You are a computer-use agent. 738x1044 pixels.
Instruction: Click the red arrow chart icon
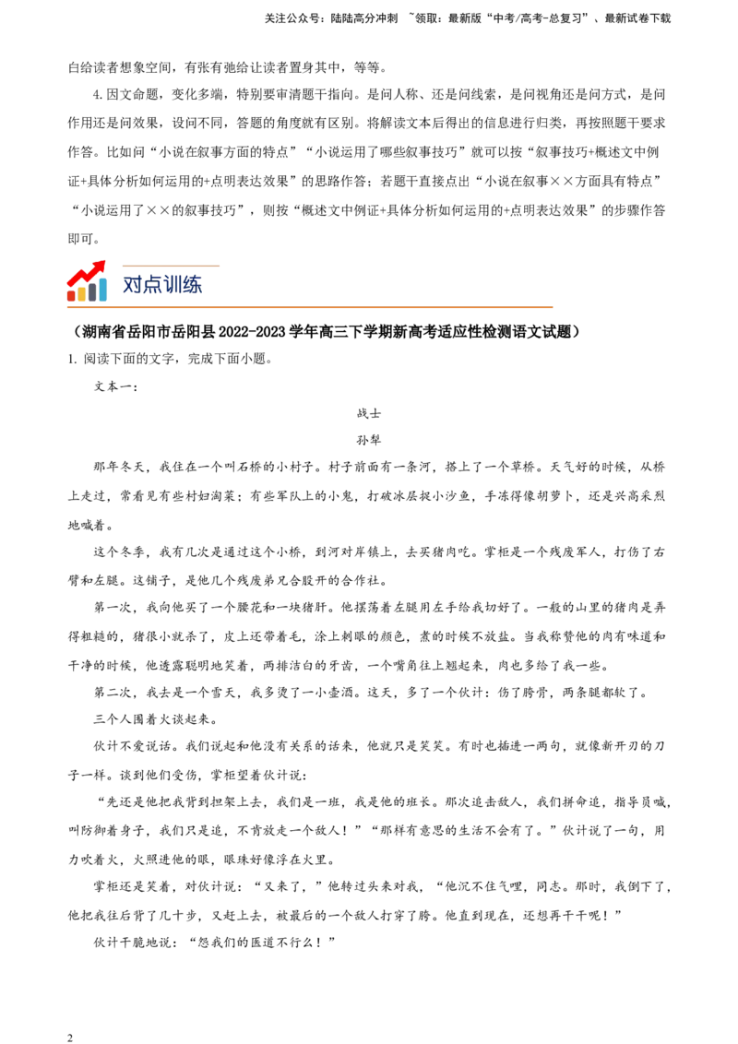tap(87, 281)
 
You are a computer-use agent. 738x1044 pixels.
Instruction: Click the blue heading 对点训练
tap(161, 284)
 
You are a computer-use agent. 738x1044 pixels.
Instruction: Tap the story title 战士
tap(368, 413)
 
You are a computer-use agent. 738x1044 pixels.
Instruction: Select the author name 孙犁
tap(368, 440)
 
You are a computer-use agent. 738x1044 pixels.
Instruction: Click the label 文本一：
tap(116, 386)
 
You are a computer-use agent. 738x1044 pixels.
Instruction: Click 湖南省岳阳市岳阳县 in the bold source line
tap(147, 332)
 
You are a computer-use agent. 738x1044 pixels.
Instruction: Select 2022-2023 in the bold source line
tap(251, 332)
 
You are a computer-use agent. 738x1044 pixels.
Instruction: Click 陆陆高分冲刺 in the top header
tap(363, 18)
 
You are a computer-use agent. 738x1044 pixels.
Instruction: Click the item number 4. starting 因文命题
tap(98, 95)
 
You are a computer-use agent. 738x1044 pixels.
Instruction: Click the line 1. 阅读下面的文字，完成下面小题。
tap(171, 359)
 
